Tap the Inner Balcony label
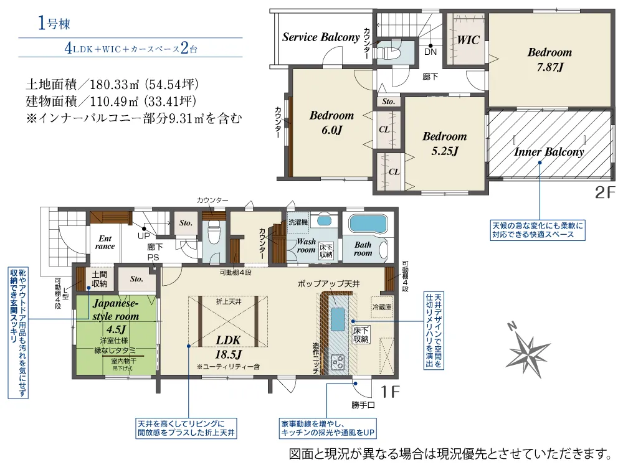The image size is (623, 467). (x=548, y=152)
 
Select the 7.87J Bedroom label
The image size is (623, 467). (x=549, y=59)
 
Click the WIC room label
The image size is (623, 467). (x=468, y=40)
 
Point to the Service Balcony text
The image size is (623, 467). (x=321, y=37)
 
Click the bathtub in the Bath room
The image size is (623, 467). (x=368, y=225)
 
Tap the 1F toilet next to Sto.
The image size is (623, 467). (x=214, y=235)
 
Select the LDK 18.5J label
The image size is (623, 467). (x=229, y=347)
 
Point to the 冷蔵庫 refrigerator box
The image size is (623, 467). (x=381, y=306)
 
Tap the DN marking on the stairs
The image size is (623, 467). (x=430, y=52)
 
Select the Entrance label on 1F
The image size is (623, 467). (x=105, y=242)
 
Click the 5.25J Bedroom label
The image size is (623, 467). (x=444, y=143)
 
